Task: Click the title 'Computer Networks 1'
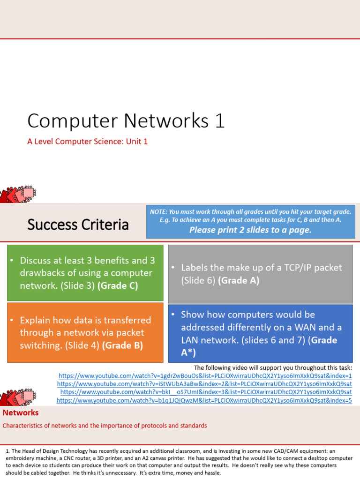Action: click(126, 120)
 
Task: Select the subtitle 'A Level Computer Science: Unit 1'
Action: click(88, 142)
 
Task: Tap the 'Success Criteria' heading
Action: click(78, 225)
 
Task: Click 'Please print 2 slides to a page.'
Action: click(250, 230)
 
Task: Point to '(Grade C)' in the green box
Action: click(118, 285)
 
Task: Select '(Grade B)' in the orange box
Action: click(122, 345)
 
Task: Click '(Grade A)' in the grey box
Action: click(239, 280)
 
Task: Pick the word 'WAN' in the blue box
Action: click(305, 327)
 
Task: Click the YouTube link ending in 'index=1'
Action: click(205, 375)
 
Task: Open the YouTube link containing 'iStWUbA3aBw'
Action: click(204, 384)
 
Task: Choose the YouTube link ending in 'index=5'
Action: click(204, 400)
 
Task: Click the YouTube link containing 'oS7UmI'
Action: click(206, 392)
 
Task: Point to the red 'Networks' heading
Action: click(21, 412)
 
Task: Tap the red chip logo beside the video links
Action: click(18, 397)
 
